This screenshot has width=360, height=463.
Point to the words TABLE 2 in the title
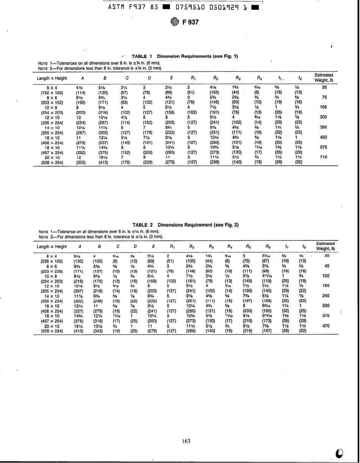(142, 224)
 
